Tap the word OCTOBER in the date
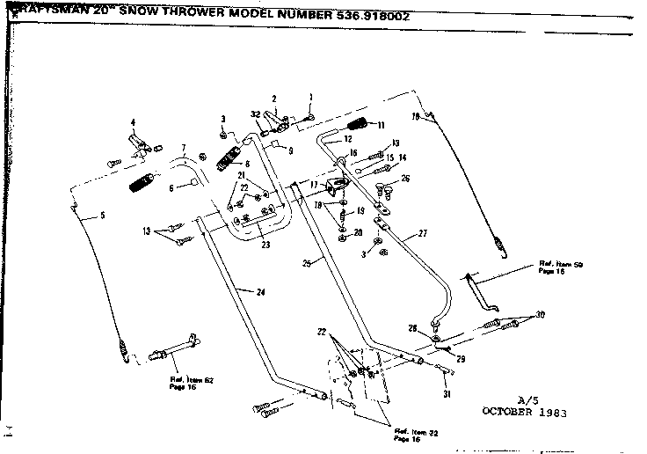click(512, 411)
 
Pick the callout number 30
click(541, 314)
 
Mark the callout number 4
click(133, 121)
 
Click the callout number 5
click(102, 215)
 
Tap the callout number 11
click(382, 125)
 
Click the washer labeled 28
click(436, 337)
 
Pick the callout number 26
click(405, 179)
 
